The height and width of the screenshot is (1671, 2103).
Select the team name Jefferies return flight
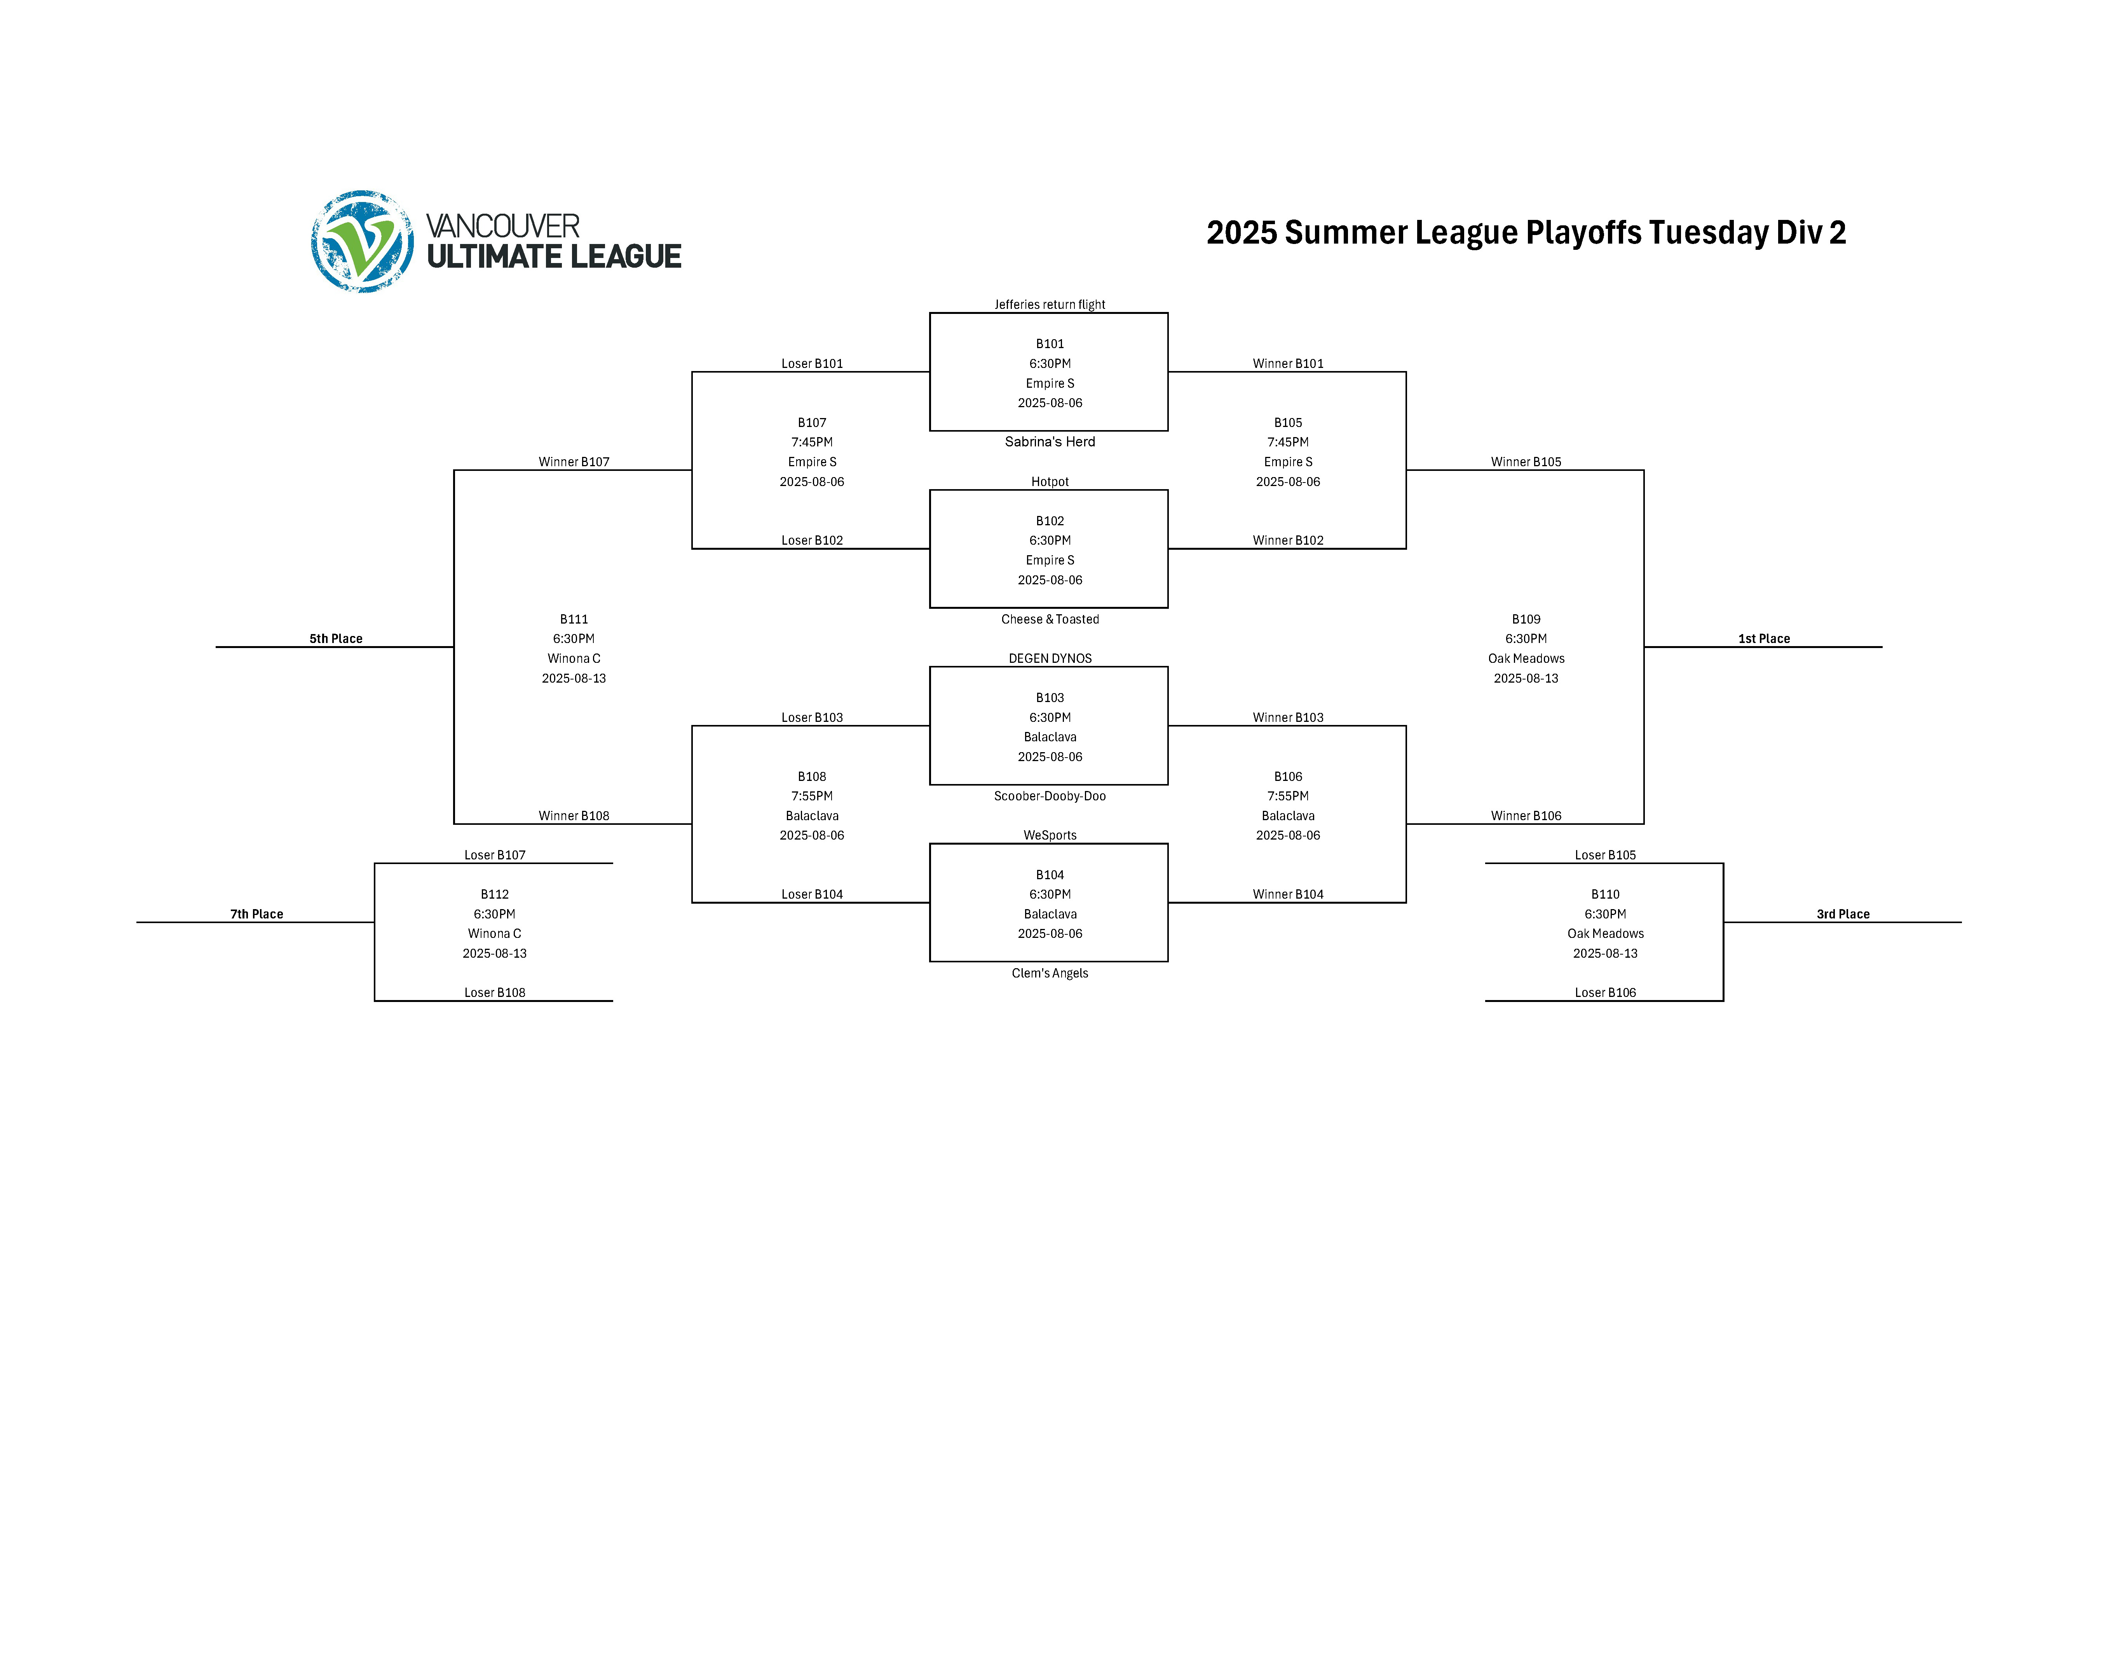[x=1050, y=304]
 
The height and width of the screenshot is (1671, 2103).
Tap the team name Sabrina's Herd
[x=1050, y=442]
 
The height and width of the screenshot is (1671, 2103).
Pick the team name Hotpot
[x=1050, y=482]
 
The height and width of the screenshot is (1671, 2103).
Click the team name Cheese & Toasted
[x=1050, y=619]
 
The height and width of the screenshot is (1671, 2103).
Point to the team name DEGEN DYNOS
[x=1050, y=659]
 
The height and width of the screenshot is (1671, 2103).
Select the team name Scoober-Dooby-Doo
[x=1050, y=796]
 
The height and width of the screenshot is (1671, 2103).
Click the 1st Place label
[x=1763, y=639]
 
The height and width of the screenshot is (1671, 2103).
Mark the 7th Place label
[x=256, y=914]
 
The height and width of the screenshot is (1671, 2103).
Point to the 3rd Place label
[x=1843, y=914]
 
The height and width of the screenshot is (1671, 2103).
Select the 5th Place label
[x=336, y=639]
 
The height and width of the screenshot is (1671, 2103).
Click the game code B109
[x=1526, y=619]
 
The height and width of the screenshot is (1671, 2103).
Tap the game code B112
[x=495, y=894]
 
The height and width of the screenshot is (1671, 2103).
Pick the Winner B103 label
[x=1287, y=718]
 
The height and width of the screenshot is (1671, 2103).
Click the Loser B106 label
[x=1604, y=993]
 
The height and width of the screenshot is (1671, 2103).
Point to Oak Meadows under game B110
[x=1604, y=934]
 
